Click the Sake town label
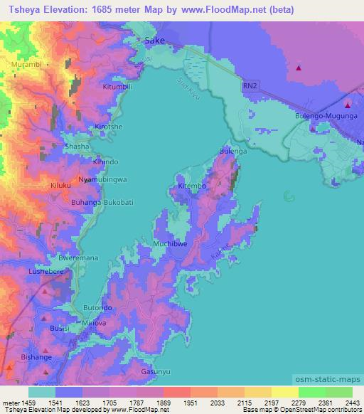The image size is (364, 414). click(x=154, y=41)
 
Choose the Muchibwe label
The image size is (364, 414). click(x=170, y=244)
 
